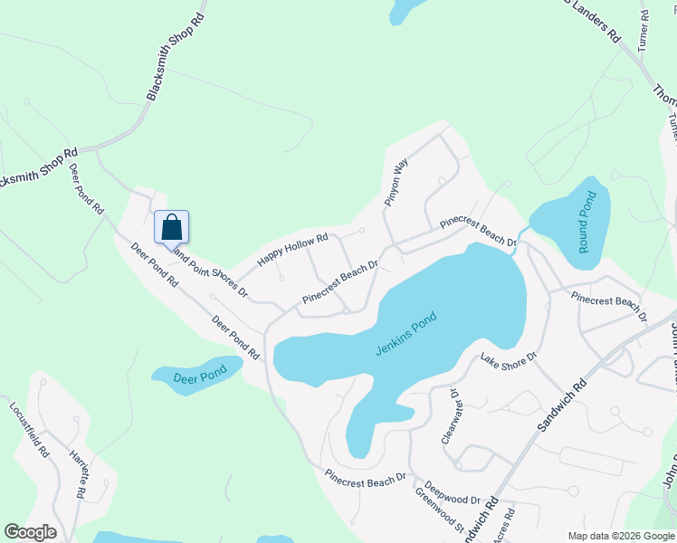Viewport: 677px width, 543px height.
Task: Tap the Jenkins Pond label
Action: (405, 334)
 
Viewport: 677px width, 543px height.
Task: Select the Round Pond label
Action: (586, 222)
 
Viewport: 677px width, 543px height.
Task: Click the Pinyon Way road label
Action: (396, 184)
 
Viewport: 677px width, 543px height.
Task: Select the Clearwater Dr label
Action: (451, 416)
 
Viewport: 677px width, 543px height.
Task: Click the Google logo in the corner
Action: (30, 532)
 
